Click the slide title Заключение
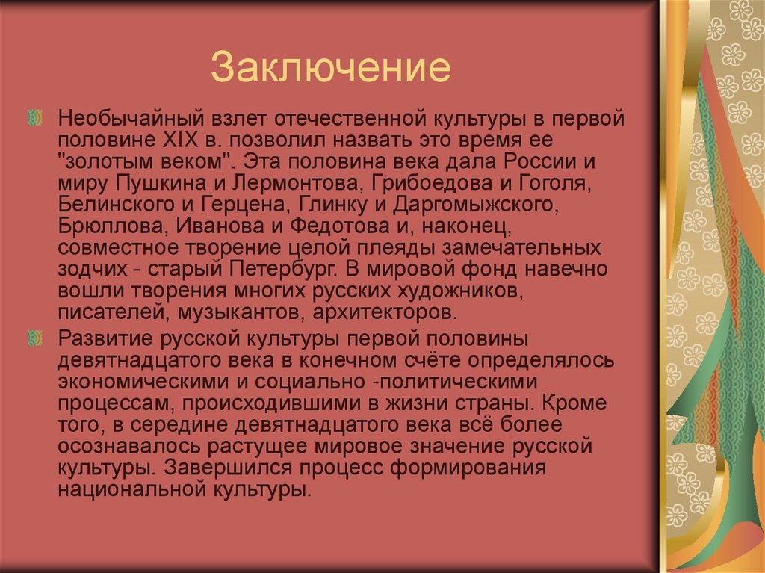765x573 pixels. pos(330,67)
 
